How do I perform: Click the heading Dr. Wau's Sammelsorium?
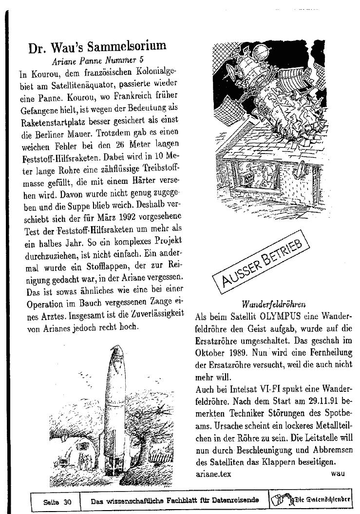[x=97, y=47]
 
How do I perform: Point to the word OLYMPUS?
[x=273, y=316]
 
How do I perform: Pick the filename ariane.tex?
[x=213, y=473]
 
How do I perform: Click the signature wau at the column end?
[x=338, y=473]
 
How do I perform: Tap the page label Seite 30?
[x=57, y=502]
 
